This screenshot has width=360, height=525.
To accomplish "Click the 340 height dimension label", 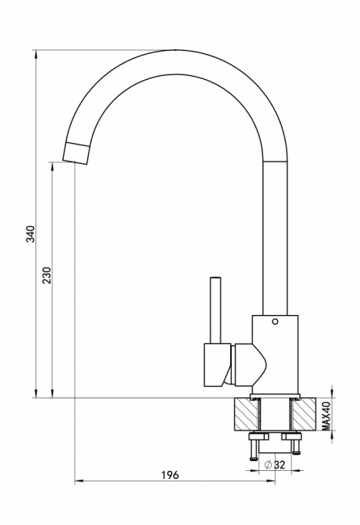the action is (31, 234).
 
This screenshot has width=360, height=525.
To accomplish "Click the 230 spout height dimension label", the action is (47, 275).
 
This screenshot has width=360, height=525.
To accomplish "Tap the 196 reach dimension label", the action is (170, 475).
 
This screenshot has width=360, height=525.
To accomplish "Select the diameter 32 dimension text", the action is (274, 464).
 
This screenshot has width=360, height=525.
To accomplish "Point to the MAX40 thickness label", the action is (326, 416).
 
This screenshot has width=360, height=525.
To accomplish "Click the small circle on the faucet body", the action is (275, 321).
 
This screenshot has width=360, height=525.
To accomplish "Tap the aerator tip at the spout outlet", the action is (77, 153).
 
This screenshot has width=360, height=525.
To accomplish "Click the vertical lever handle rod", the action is (216, 310).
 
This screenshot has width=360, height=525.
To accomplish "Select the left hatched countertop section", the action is (247, 414).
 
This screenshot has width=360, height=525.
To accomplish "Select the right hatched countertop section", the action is (303, 414).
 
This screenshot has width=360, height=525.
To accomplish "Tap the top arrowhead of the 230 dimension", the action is (52, 166).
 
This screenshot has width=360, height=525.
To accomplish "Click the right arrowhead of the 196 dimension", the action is (270, 482).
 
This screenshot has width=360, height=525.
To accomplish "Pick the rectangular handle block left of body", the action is (217, 365).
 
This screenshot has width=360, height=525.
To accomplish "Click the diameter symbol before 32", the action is (268, 464).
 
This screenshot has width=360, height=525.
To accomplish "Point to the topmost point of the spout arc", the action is (175, 50).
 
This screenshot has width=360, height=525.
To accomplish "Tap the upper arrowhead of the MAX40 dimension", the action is (332, 393).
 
